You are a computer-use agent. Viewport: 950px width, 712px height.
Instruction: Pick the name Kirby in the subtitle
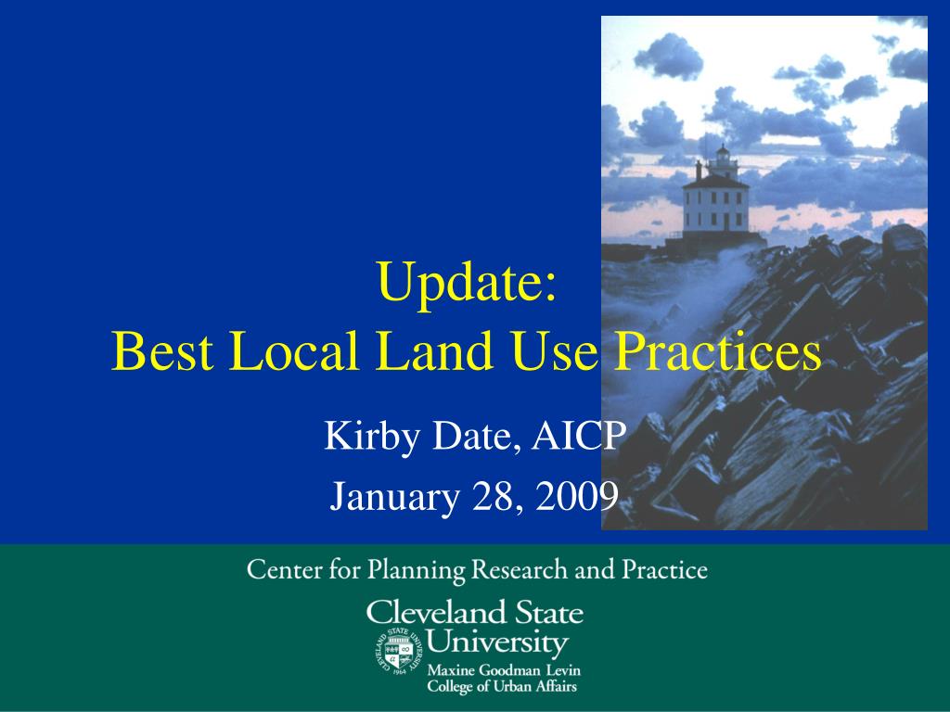[x=367, y=435]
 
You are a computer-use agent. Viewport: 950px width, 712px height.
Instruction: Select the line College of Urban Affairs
[x=501, y=687]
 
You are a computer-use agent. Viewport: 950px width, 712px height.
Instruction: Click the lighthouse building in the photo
[x=715, y=204]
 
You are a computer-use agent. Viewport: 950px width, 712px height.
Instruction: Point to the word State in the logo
[x=549, y=613]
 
